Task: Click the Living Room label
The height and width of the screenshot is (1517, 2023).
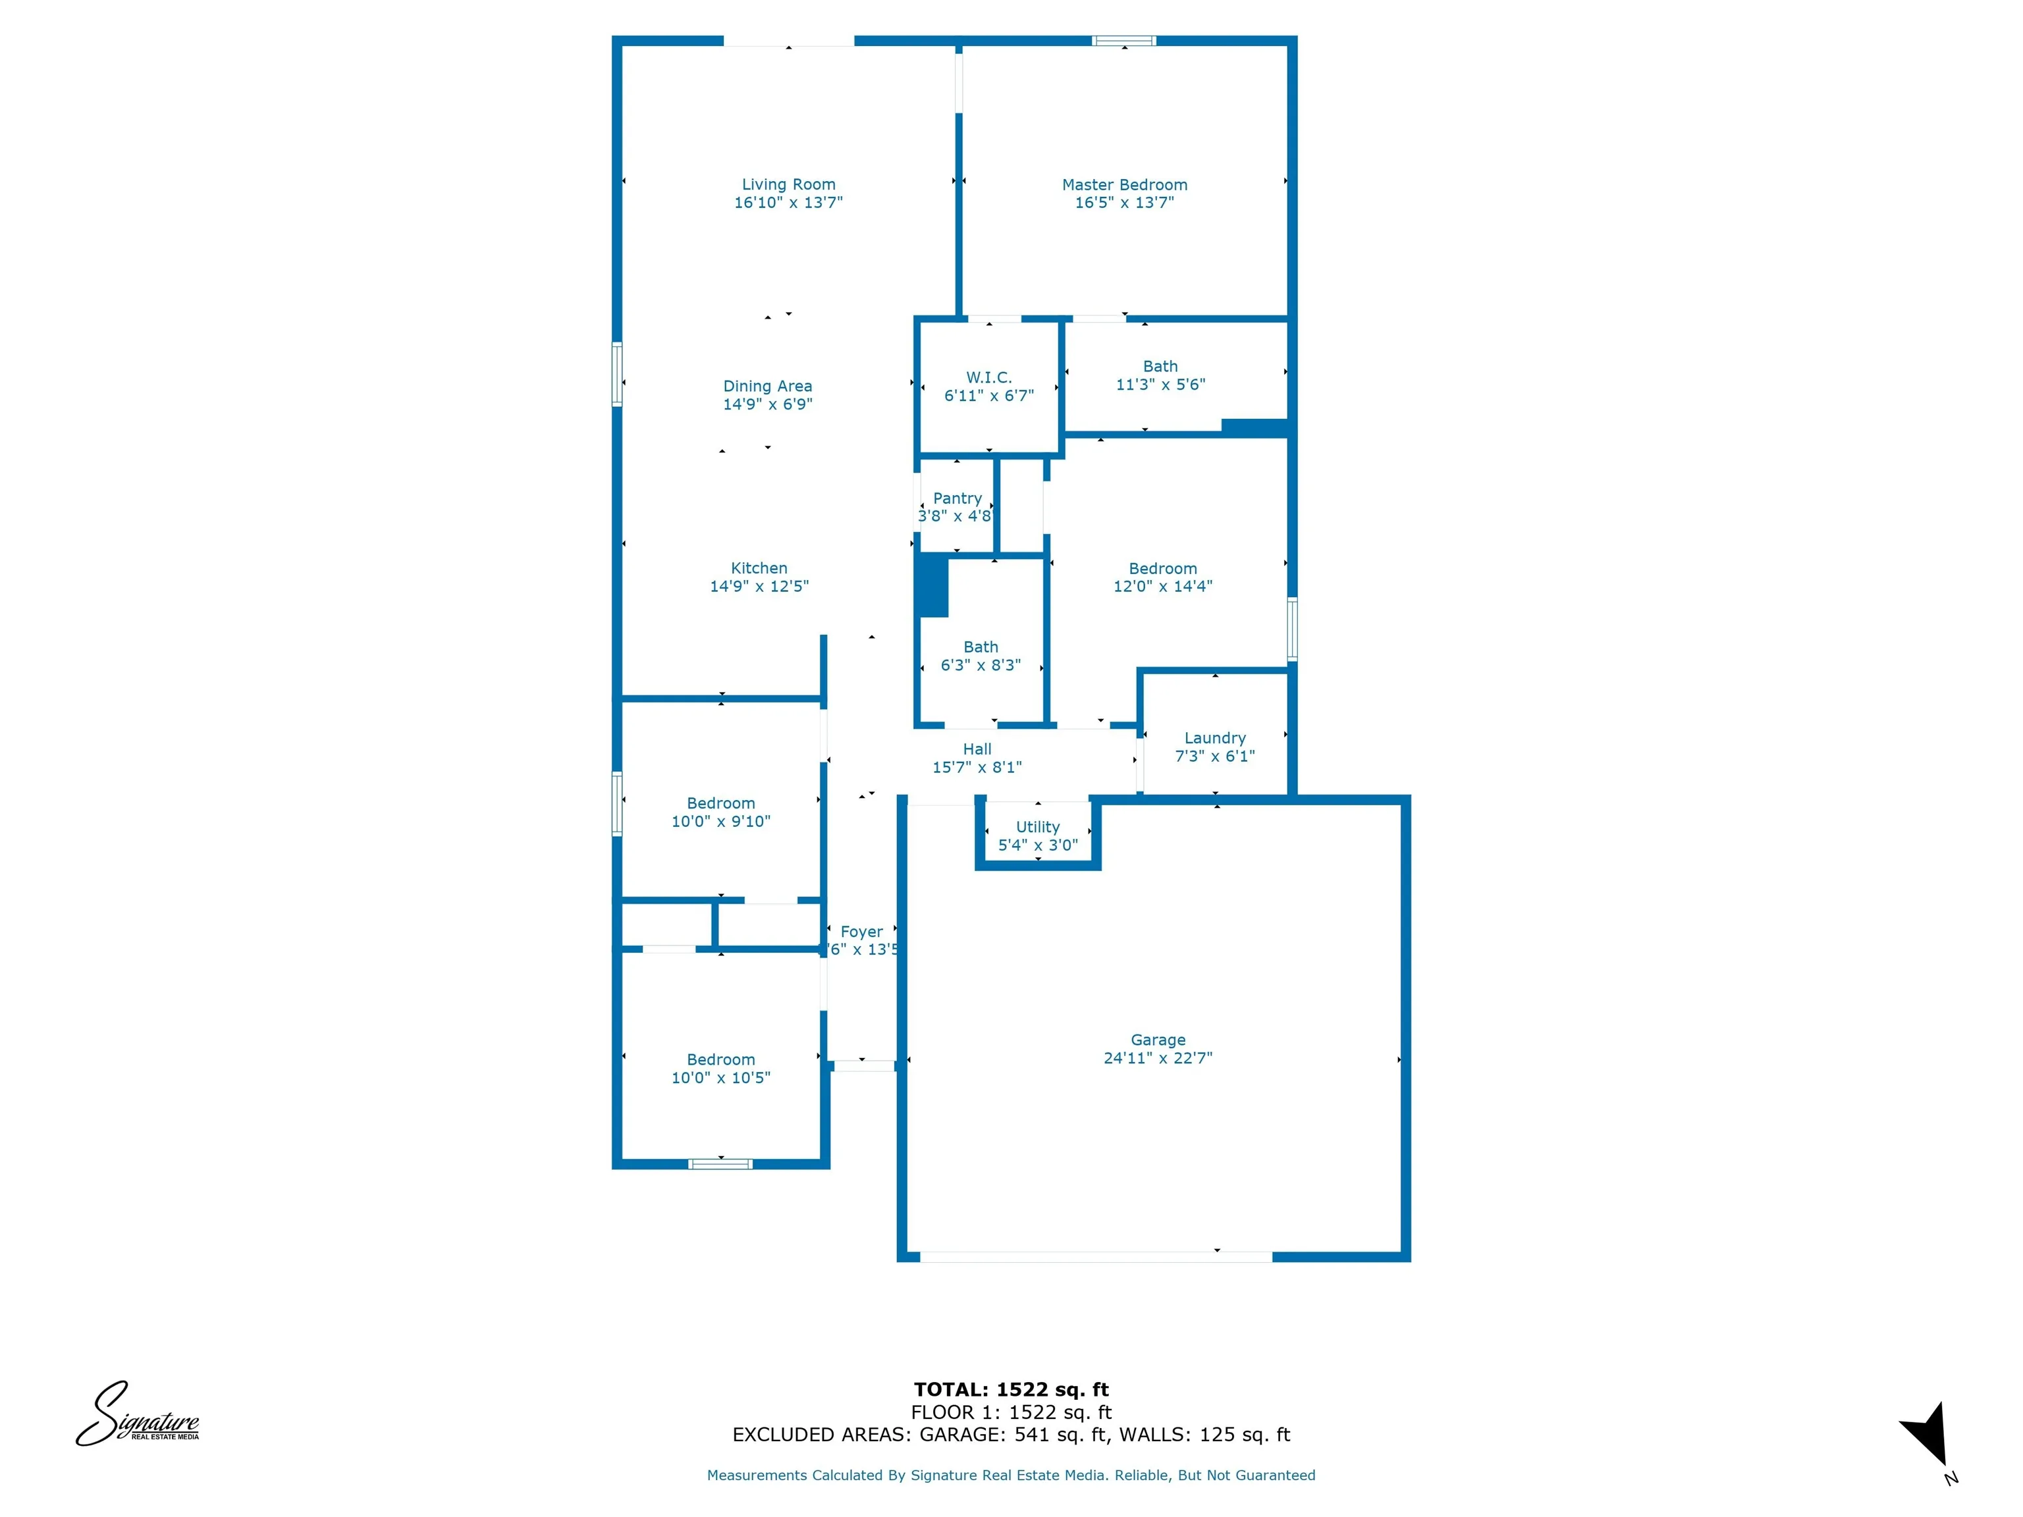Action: click(788, 185)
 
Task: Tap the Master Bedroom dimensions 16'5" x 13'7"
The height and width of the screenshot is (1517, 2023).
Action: click(1124, 203)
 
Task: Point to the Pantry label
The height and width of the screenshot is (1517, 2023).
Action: click(957, 498)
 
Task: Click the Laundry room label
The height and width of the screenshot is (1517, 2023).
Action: click(1214, 738)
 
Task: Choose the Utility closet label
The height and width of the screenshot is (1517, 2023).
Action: click(1037, 826)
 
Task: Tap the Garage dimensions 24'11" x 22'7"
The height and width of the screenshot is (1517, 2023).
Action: click(1158, 1058)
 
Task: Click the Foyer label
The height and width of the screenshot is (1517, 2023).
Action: click(861, 932)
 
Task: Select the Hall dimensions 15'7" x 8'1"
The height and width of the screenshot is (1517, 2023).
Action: click(977, 767)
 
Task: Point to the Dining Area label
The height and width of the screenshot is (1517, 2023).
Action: click(767, 386)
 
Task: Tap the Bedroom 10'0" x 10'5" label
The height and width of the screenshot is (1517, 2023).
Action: click(720, 1060)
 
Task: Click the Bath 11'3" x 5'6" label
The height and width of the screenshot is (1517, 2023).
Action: click(1160, 367)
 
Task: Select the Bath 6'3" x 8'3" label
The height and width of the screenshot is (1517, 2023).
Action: click(981, 647)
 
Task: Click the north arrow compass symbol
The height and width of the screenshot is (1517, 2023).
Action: click(1927, 1435)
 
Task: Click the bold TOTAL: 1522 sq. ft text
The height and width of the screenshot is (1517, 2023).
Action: click(1011, 1389)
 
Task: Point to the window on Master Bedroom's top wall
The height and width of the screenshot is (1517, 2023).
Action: click(1124, 41)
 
